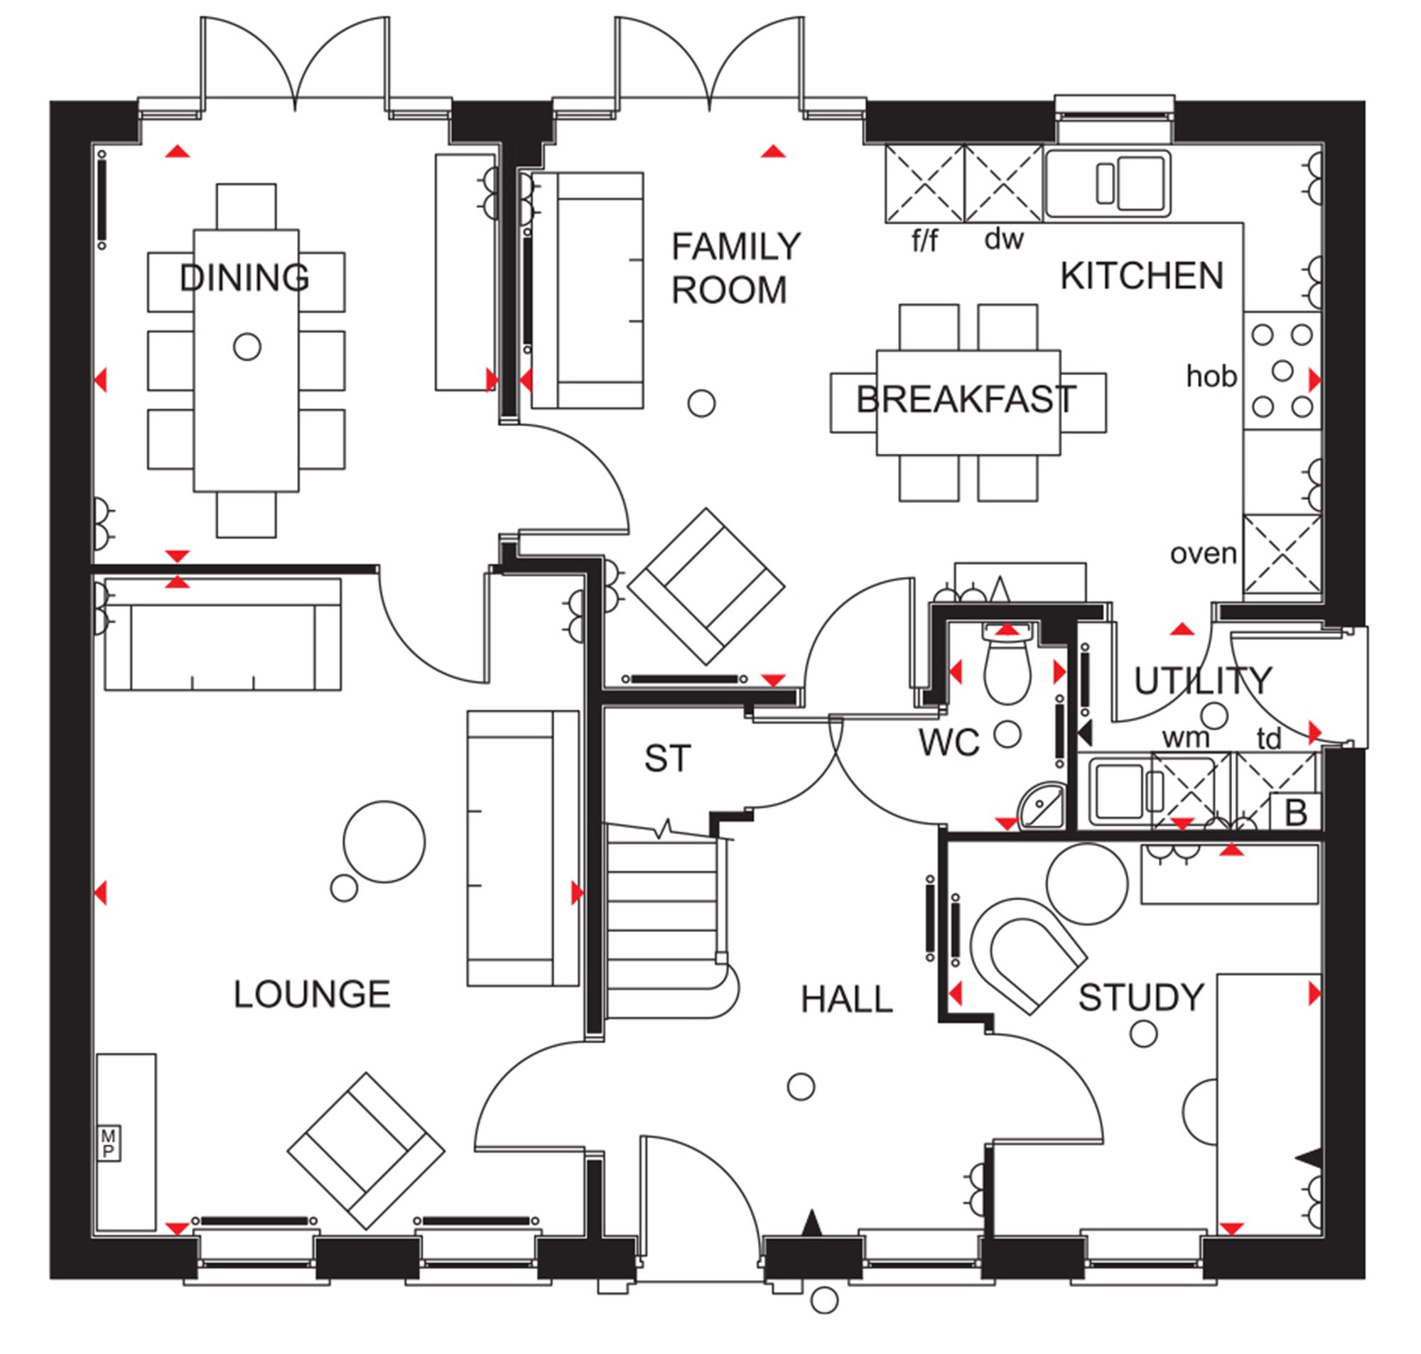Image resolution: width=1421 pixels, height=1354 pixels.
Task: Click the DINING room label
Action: [x=244, y=278]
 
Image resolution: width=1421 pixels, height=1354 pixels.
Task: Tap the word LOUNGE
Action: [x=312, y=995]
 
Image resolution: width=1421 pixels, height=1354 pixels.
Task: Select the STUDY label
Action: [x=1141, y=997]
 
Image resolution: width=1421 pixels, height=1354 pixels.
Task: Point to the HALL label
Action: [x=846, y=1000]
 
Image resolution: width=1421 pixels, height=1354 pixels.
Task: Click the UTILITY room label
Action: [x=1202, y=681]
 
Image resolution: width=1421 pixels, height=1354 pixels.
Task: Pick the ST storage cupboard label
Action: [x=668, y=759]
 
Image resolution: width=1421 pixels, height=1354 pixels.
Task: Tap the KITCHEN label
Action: [x=1142, y=276]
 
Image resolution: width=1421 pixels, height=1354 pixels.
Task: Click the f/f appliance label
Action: [x=924, y=239]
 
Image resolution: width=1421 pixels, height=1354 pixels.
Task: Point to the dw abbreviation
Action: [x=1004, y=238]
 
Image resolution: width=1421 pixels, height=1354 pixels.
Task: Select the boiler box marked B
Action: [x=1295, y=812]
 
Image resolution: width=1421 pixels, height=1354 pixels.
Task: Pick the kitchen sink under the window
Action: [x=1108, y=183]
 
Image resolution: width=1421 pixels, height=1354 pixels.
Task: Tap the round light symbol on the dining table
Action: [x=247, y=347]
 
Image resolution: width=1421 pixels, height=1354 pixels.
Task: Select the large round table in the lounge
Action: [x=384, y=842]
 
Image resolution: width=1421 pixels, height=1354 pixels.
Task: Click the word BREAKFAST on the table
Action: [x=966, y=399]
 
